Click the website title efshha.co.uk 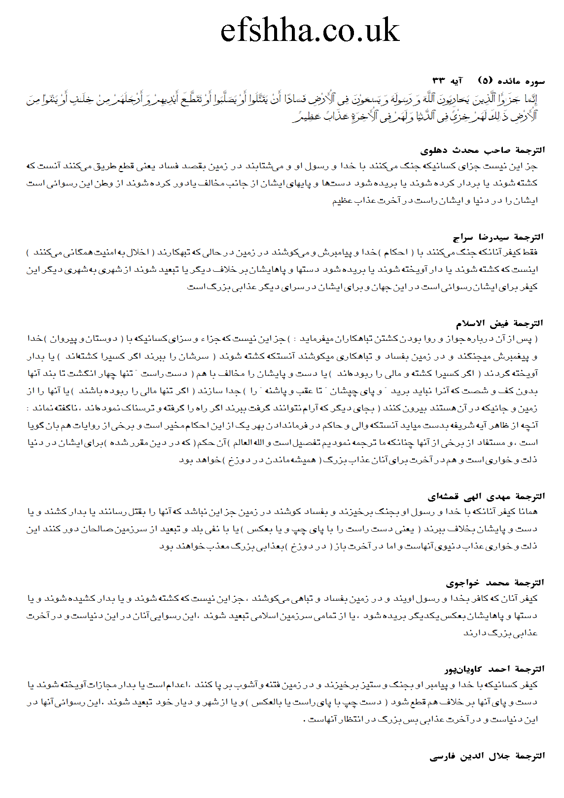[x=310, y=30]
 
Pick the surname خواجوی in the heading [x=462, y=582]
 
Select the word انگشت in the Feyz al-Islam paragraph [x=80, y=374]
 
